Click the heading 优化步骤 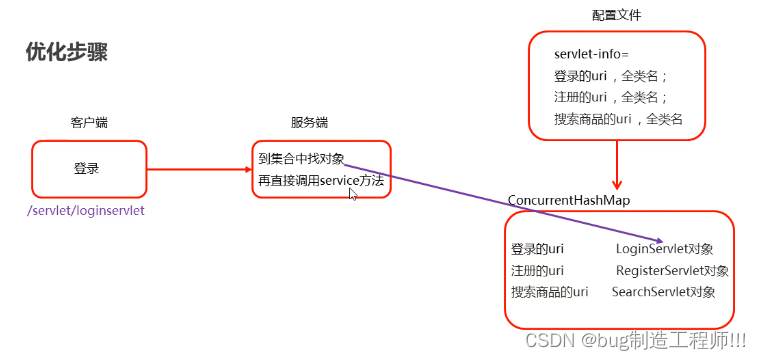tap(67, 53)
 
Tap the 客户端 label tap(89, 123)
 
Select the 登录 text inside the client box tap(87, 168)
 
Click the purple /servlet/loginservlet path tap(86, 211)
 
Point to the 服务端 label tap(309, 123)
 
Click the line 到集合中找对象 tap(301, 158)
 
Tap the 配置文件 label tap(617, 16)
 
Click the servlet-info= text tap(591, 54)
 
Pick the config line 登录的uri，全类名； tap(610, 76)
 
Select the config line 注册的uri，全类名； tap(610, 97)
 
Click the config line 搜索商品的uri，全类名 tap(617, 119)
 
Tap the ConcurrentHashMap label tap(568, 201)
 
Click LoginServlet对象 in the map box tap(664, 248)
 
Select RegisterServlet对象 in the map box tap(672, 270)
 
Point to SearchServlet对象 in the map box tap(663, 292)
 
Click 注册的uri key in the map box tap(537, 270)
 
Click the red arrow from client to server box tap(199, 168)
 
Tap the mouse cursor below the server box tap(352, 194)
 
